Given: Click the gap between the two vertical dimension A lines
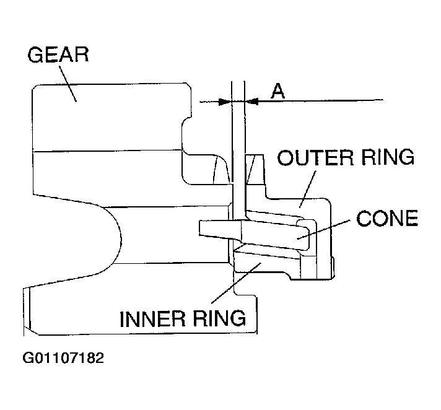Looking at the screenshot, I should (x=238, y=124).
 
